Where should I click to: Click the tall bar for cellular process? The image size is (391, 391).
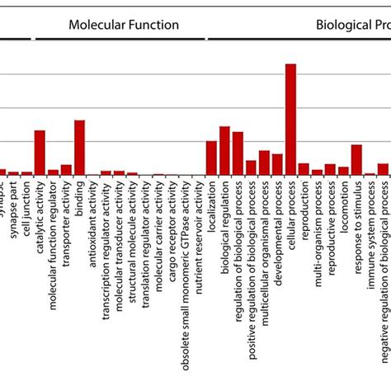pyautogui.click(x=290, y=120)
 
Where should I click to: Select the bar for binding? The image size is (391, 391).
pyautogui.click(x=79, y=148)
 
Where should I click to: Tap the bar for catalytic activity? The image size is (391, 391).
pyautogui.click(x=40, y=153)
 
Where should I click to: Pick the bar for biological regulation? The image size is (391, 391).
pyautogui.click(x=224, y=151)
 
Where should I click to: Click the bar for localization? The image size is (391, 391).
pyautogui.click(x=211, y=158)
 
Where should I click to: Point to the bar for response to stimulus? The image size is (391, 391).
pyautogui.click(x=356, y=160)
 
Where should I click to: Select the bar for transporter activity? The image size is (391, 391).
pyautogui.click(x=66, y=170)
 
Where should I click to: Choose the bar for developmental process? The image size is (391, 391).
pyautogui.click(x=277, y=164)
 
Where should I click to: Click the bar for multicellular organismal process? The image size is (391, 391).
pyautogui.click(x=264, y=163)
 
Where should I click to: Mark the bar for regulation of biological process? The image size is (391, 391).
pyautogui.click(x=238, y=153)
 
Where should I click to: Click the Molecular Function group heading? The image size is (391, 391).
pyautogui.click(x=124, y=25)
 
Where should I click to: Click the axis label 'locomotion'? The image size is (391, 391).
pyautogui.click(x=343, y=205)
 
